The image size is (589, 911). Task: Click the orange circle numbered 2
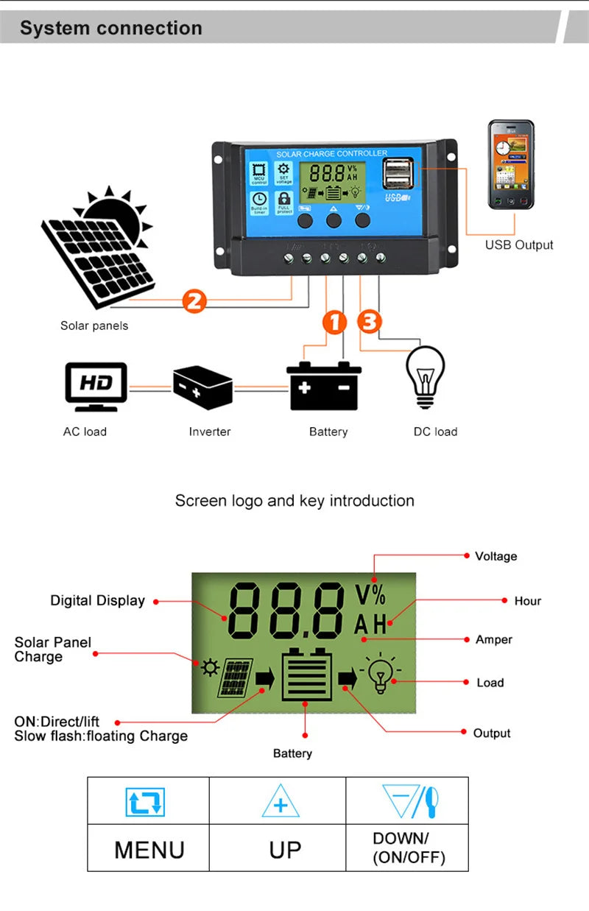click(194, 300)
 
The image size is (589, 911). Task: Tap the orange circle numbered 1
click(334, 322)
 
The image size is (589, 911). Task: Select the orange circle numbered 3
click(370, 322)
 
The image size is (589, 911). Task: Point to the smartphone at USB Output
click(511, 167)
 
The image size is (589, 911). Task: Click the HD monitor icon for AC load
click(96, 386)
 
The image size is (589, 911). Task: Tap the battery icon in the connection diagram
click(324, 387)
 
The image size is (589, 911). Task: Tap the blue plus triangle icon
click(281, 802)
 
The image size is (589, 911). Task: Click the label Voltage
click(495, 556)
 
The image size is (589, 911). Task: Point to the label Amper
click(493, 639)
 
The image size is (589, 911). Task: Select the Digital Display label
click(97, 601)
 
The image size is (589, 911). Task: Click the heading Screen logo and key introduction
click(294, 501)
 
